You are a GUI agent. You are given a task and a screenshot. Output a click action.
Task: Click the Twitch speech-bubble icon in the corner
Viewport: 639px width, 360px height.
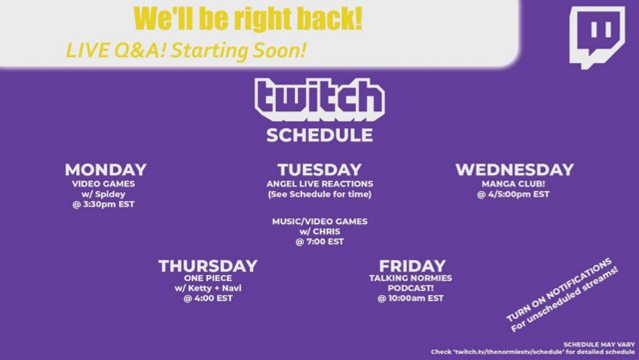tap(596, 37)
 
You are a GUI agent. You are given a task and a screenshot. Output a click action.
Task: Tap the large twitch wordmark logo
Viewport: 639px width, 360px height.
tap(319, 99)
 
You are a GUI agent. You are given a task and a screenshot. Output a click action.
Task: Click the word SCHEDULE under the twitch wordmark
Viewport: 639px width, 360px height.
tap(319, 136)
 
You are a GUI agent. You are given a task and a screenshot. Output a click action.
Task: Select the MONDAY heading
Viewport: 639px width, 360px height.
tap(105, 169)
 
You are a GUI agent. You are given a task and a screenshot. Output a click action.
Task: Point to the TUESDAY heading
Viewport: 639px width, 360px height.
tap(319, 169)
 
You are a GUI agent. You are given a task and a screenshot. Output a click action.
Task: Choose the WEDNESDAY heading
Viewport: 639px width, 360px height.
tap(514, 169)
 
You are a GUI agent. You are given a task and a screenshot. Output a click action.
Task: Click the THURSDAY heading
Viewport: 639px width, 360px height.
tap(208, 266)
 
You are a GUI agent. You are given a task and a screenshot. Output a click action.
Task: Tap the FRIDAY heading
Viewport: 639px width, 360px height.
tap(412, 266)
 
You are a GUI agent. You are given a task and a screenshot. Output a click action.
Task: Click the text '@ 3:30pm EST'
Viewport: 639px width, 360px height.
tap(103, 204)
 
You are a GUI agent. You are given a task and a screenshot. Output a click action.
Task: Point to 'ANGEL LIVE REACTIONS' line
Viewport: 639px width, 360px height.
tap(319, 184)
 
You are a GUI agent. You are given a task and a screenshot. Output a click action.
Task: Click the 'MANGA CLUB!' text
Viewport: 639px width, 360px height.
tap(513, 184)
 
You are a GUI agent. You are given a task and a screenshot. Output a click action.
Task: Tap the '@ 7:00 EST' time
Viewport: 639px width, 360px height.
tap(319, 242)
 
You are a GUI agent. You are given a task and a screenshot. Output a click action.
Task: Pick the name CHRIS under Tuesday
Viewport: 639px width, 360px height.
tap(326, 232)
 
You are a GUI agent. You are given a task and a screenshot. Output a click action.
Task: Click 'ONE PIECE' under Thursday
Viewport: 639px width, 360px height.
tap(208, 278)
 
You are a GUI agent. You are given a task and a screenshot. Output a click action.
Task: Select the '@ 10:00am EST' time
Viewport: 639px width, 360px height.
tap(411, 298)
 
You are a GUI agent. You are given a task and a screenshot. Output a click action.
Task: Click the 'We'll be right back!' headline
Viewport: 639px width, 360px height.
tap(248, 19)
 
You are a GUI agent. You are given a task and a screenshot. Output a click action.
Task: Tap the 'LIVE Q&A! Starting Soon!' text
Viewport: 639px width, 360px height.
tap(186, 50)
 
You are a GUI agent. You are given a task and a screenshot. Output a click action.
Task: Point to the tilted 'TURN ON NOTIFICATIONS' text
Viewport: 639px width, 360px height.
tap(559, 289)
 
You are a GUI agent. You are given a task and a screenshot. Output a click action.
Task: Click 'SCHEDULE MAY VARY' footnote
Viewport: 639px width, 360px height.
tap(599, 345)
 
